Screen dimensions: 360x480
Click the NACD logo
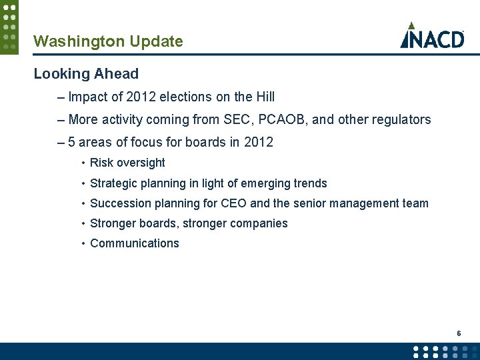click(x=432, y=36)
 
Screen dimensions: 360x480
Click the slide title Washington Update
click(x=108, y=41)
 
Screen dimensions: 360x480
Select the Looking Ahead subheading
click(x=86, y=74)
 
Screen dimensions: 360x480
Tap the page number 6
click(x=459, y=333)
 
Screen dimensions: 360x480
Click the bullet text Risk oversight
click(x=127, y=163)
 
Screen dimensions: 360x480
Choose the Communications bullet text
click(x=134, y=243)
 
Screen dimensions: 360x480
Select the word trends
click(x=309, y=183)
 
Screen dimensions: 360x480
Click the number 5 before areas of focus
click(x=72, y=143)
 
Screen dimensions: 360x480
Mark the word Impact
click(x=87, y=97)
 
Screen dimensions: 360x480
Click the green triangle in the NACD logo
click(x=412, y=25)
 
